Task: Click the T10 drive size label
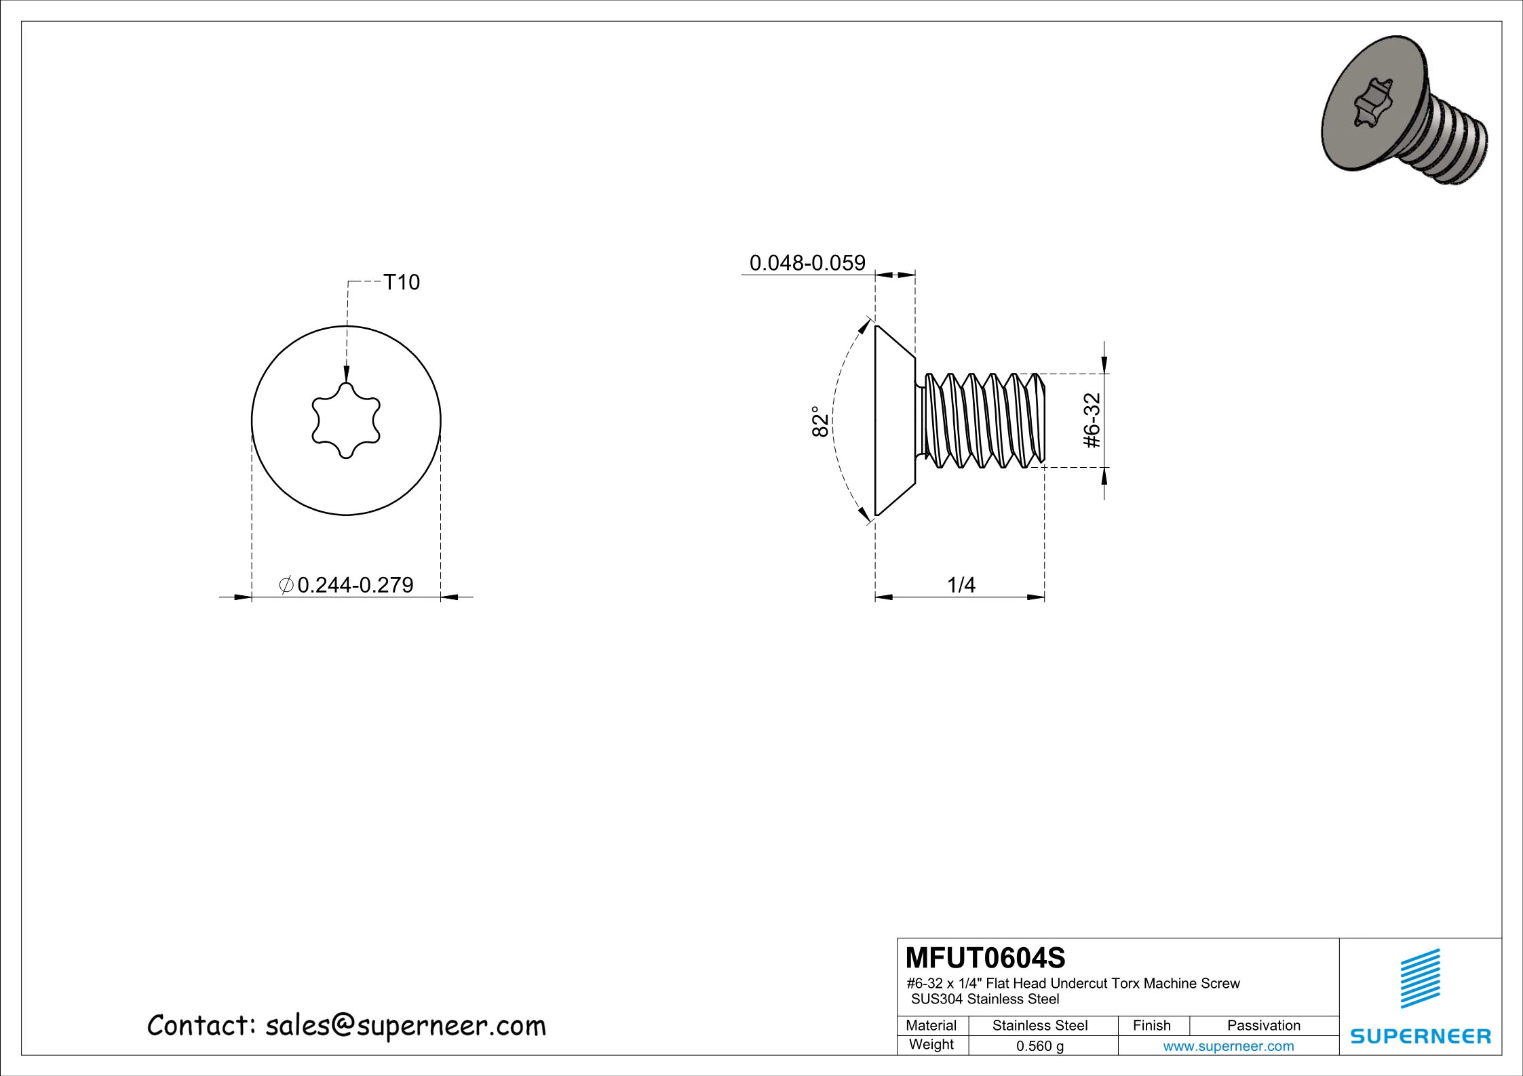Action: (402, 282)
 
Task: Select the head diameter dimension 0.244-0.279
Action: (355, 584)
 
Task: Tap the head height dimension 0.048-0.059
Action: (807, 263)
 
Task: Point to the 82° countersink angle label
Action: (820, 422)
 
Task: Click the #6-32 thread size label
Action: (1092, 420)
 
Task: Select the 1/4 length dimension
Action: (961, 584)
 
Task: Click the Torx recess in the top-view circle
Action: (346, 421)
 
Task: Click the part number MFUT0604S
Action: (986, 958)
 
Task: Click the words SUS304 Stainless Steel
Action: (984, 999)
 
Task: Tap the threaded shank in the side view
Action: (984, 420)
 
